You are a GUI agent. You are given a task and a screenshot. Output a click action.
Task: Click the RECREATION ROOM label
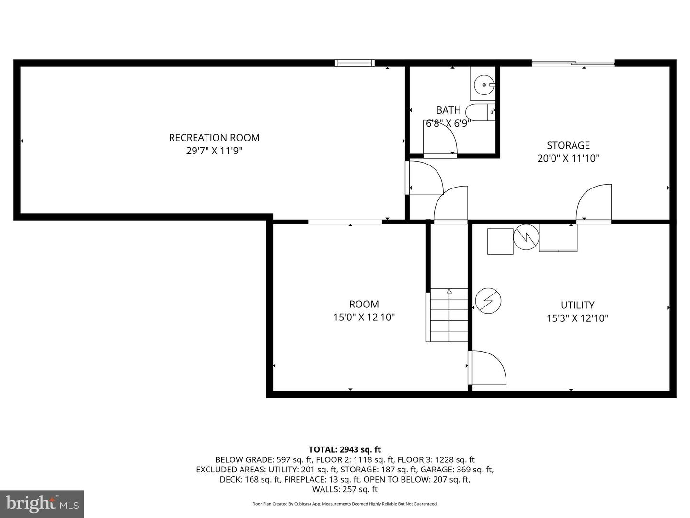pos(214,138)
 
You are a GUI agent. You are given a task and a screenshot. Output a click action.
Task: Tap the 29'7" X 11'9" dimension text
pos(214,151)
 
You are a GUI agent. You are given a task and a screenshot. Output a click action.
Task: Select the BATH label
pos(448,110)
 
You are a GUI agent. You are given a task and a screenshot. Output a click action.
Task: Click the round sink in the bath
pos(484,85)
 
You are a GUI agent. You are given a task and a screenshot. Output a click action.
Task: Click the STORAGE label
pos(568,145)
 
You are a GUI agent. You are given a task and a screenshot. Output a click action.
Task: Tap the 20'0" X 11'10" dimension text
pos(568,158)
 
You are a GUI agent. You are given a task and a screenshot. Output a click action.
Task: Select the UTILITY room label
pos(577,305)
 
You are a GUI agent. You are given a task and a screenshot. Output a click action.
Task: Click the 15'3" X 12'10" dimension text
pos(577,318)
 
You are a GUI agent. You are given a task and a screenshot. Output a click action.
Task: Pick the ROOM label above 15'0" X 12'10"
pos(364,304)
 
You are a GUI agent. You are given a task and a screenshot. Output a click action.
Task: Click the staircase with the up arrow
pos(447,315)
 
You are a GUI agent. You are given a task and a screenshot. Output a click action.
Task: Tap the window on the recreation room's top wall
pos(355,63)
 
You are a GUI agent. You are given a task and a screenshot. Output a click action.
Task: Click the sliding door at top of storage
pos(573,63)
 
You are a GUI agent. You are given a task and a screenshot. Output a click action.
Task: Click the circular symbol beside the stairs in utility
pos(488,301)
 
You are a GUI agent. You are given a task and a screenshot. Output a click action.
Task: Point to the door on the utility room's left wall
pos(487,368)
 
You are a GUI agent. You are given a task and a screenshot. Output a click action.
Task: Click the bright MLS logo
pos(42,504)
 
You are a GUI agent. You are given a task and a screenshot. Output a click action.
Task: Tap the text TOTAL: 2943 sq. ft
pos(345,449)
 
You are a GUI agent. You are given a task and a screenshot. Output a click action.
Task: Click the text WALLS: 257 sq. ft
pos(345,489)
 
